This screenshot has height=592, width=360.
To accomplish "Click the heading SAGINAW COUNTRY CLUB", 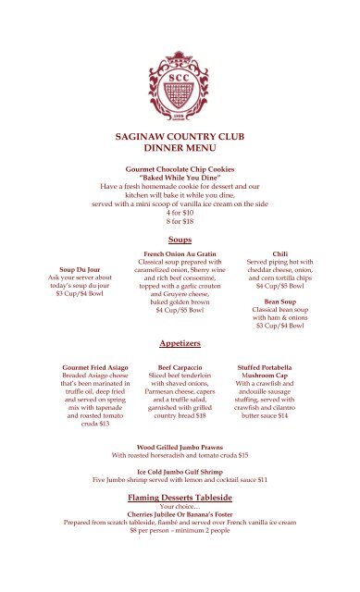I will point(180,135).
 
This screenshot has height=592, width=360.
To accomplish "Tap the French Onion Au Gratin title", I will point(180,253).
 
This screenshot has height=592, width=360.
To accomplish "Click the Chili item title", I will point(280,253).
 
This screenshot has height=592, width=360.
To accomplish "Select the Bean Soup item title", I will point(280,301).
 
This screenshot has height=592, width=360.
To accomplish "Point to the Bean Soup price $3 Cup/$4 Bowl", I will point(280,326).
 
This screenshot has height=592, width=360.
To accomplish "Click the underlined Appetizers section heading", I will point(180,343).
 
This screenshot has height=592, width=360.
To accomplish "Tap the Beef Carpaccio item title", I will point(180,368).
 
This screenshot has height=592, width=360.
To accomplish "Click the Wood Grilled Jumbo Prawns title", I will point(180,446).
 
